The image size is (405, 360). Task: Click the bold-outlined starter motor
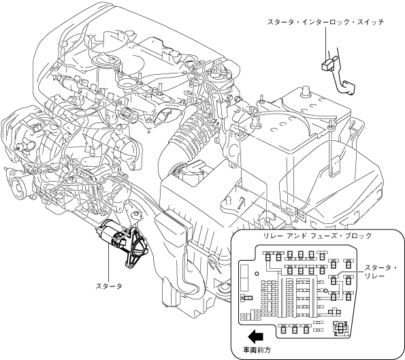point(122,244)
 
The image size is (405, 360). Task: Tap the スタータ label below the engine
point(109,286)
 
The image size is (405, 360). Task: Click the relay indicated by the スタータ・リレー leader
point(334,279)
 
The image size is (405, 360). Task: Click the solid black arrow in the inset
point(255,336)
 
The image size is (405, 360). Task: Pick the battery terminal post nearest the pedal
point(306,92)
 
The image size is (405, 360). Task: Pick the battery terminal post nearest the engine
point(255,121)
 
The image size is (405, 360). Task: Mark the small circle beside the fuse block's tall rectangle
point(257,274)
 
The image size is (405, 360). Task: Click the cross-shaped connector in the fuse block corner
point(341,327)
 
